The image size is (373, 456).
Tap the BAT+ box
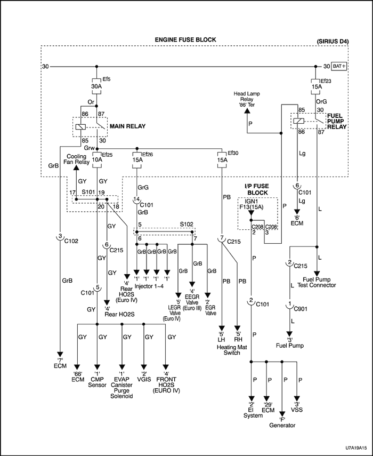pyautogui.click(x=339, y=67)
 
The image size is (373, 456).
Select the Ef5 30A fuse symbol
pyautogui.click(x=96, y=87)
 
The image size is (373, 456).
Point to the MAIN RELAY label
pyautogui.click(x=128, y=126)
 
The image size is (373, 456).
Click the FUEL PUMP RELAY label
pyautogui.click(x=336, y=122)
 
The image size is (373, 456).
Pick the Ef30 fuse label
pyautogui.click(x=232, y=153)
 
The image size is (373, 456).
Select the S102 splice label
pyautogui.click(x=187, y=224)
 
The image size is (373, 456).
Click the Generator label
pyautogui.click(x=281, y=425)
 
